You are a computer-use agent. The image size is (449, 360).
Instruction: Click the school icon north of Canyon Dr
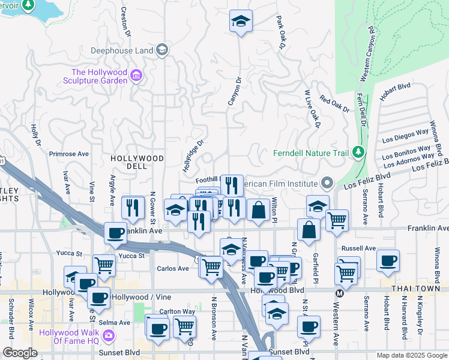[241, 22]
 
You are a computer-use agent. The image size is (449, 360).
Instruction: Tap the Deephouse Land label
[122, 50]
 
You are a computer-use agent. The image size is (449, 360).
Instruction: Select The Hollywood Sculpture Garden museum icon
[136, 75]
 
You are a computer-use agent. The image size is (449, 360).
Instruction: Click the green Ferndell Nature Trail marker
[358, 152]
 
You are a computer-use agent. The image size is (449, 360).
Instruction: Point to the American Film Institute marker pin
[327, 182]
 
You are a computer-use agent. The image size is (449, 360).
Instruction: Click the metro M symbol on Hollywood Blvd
[339, 293]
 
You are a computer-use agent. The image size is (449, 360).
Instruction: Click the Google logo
[20, 353]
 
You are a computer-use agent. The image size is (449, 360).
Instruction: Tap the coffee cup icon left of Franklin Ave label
[115, 233]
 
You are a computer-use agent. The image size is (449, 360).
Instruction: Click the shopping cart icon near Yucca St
[104, 263]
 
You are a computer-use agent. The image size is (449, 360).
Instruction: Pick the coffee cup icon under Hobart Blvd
[388, 260]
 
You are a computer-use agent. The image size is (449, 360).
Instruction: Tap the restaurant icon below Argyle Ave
[133, 208]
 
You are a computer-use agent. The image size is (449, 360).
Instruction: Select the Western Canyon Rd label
[367, 54]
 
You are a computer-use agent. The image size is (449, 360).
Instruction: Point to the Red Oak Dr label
[334, 104]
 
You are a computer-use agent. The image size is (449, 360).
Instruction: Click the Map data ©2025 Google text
[411, 355]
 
